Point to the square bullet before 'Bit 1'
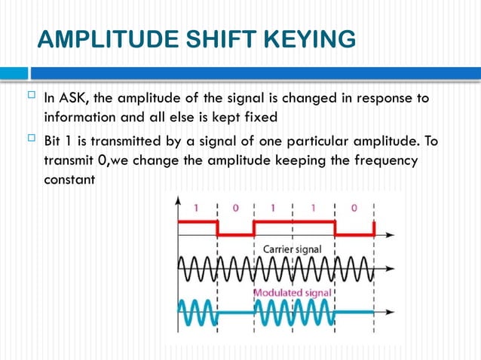(x=30, y=140)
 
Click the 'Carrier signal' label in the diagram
(x=293, y=249)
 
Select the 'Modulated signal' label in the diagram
(x=293, y=292)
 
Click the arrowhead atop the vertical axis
(x=179, y=200)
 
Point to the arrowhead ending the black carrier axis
(x=390, y=267)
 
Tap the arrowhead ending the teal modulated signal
(x=390, y=311)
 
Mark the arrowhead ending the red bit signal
(x=390, y=235)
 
